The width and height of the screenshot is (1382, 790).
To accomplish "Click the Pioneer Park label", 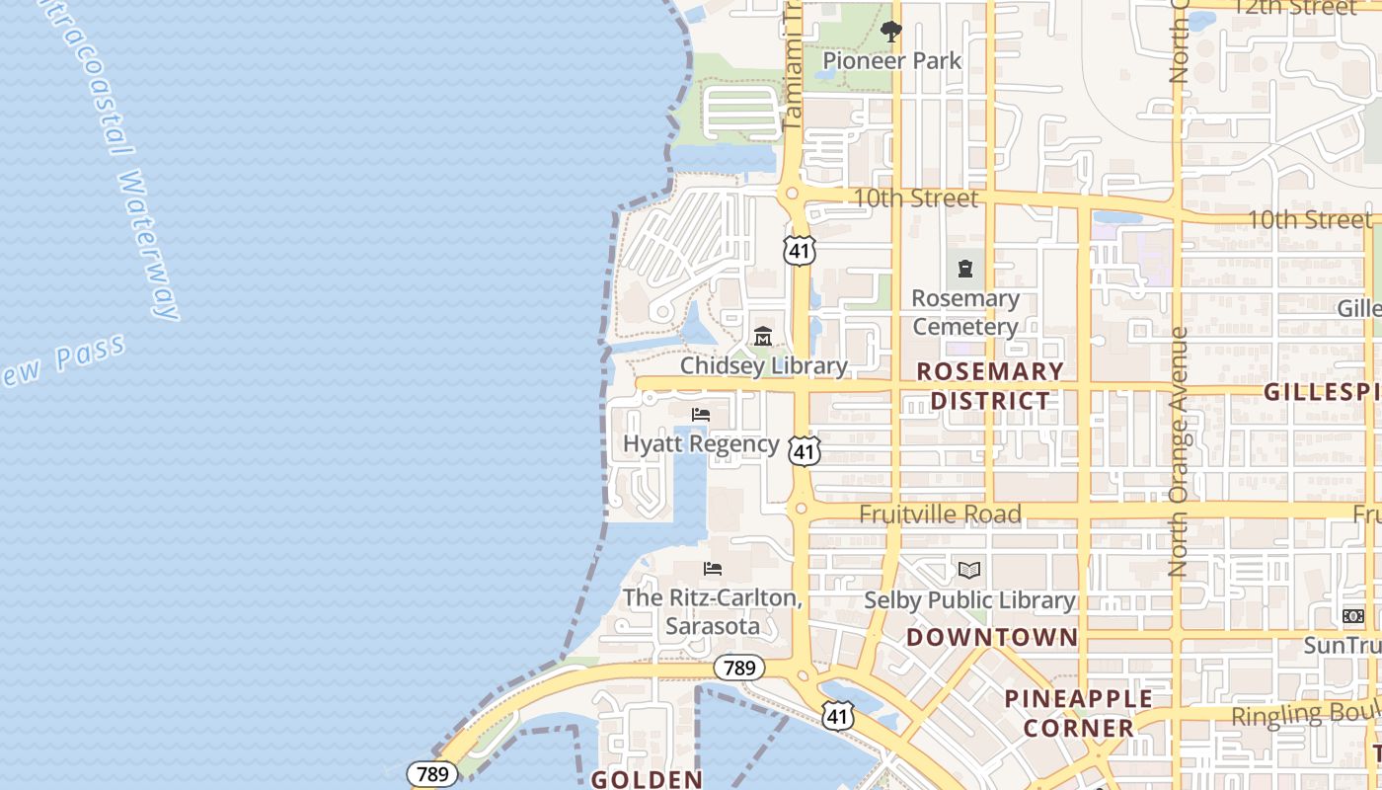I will click(x=891, y=61).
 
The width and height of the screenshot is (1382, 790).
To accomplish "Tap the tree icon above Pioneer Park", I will click(x=891, y=32).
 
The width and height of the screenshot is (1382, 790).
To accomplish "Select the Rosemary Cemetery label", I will click(x=965, y=312).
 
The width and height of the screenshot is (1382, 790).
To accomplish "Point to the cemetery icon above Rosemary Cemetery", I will click(x=965, y=268).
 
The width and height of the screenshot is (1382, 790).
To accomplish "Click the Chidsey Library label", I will click(x=763, y=366).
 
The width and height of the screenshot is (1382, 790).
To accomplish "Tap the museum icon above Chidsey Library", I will click(x=763, y=338).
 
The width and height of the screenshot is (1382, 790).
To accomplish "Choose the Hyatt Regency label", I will click(x=701, y=443).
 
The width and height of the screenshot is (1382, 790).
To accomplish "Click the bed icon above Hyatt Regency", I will click(x=701, y=414).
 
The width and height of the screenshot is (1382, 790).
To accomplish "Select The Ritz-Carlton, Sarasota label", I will click(x=712, y=612).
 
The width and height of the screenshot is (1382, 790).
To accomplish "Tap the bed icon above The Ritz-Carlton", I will click(x=713, y=569).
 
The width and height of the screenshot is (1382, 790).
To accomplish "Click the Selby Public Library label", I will click(x=969, y=600).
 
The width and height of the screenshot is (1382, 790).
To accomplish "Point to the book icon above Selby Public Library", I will click(x=969, y=570).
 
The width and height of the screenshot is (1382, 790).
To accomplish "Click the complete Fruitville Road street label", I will click(x=940, y=514).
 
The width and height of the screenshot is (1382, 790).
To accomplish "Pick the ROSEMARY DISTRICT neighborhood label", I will click(x=991, y=386).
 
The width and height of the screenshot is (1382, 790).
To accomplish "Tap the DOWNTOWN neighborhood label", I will click(x=992, y=637).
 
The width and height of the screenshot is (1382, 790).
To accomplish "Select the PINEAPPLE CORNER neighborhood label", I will click(x=1078, y=713).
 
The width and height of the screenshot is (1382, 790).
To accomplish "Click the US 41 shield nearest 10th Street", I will click(x=799, y=250).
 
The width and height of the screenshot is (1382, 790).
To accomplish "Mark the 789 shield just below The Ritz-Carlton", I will click(x=738, y=669).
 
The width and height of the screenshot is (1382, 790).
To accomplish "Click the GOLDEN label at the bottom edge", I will click(x=647, y=779).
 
